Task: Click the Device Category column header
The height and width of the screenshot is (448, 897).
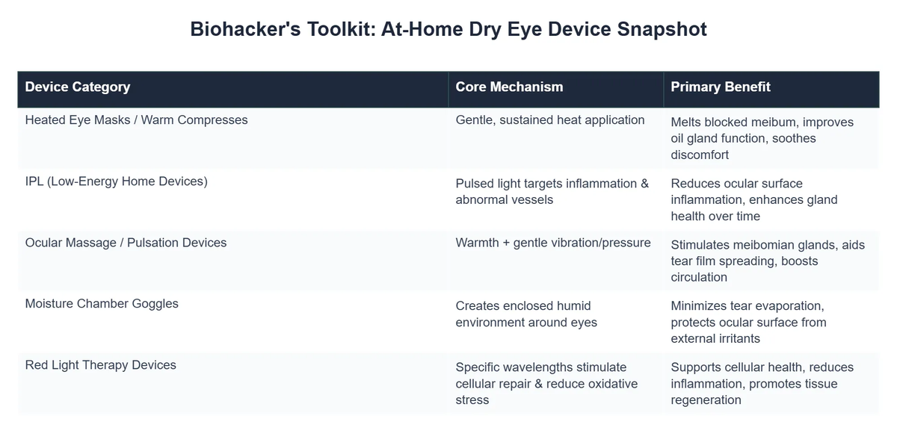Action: click(x=78, y=87)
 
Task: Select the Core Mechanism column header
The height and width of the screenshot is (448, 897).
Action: click(x=509, y=87)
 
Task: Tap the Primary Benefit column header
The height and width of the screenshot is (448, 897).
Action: click(x=721, y=87)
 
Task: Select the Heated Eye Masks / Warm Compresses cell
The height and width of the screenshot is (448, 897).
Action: click(x=136, y=119)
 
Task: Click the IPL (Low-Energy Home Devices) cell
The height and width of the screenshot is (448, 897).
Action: click(x=116, y=181)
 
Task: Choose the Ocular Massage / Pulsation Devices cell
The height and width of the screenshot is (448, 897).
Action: click(x=126, y=243)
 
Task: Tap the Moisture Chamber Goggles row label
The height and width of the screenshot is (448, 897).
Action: click(x=102, y=304)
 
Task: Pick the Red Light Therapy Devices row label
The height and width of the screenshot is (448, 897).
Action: click(x=101, y=365)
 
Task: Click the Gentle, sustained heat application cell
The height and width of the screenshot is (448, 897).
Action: click(x=550, y=119)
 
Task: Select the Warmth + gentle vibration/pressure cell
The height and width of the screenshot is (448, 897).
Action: click(x=553, y=243)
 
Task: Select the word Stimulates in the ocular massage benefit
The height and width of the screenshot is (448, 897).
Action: click(x=702, y=245)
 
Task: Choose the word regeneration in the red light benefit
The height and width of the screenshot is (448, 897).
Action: click(x=706, y=400)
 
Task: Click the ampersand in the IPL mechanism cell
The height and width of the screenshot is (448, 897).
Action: click(x=644, y=184)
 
